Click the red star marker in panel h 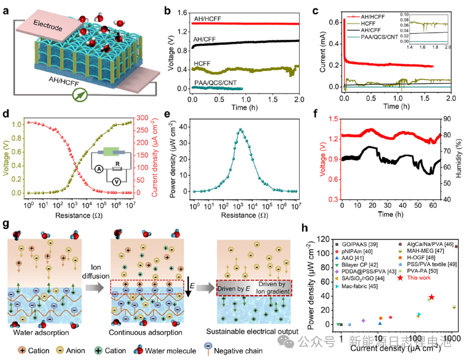pos(432,297)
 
